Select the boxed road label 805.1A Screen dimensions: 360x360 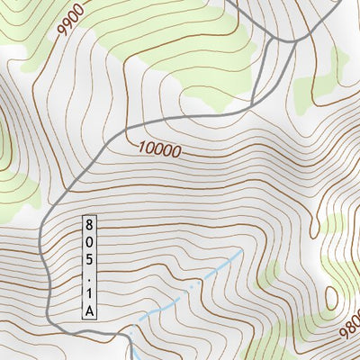pos(89,266)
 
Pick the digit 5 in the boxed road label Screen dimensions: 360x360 pos(89,258)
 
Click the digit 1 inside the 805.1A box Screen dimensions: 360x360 pos(89,292)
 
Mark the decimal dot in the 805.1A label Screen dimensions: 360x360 pos(89,275)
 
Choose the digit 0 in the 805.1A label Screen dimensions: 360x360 pos(89,241)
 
